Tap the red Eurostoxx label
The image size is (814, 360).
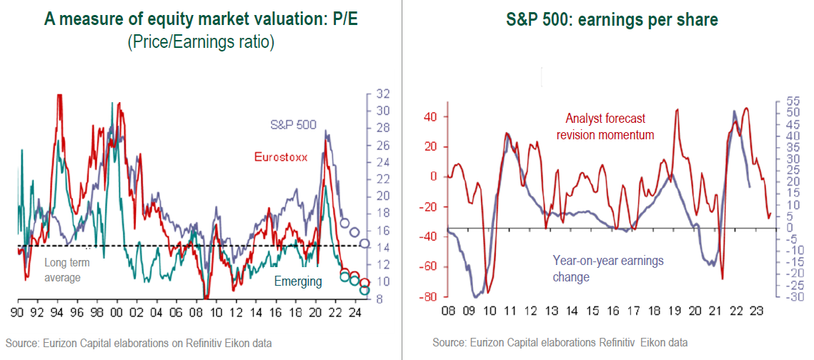[281, 156]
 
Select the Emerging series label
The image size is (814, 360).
[298, 281]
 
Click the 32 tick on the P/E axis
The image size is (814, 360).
[382, 94]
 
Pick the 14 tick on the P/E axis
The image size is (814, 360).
[382, 248]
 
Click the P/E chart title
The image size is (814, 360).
[200, 19]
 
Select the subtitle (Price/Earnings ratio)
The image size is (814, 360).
[200, 42]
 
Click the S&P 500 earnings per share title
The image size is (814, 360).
[608, 20]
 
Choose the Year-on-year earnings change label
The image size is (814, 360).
[608, 269]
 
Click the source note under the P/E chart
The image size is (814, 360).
[139, 344]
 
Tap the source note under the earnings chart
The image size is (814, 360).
[560, 344]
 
